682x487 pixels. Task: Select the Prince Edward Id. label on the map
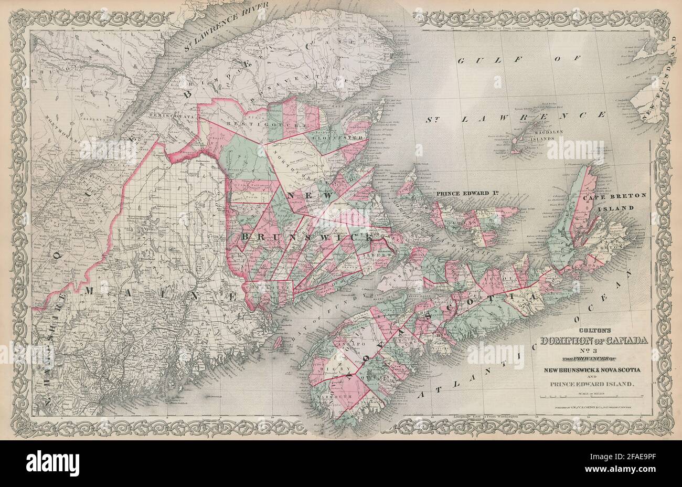(x=466, y=192)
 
